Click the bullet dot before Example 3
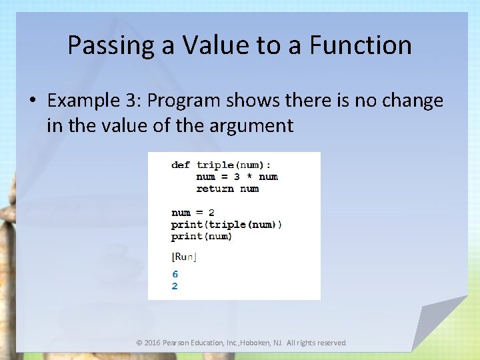pyautogui.click(x=33, y=101)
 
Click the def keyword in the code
pyautogui.click(x=180, y=165)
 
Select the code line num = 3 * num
pyautogui.click(x=237, y=177)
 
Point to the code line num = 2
pyautogui.click(x=193, y=213)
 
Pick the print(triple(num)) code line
pyautogui.click(x=227, y=225)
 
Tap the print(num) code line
pyautogui.click(x=201, y=237)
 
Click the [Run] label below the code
pyautogui.click(x=184, y=257)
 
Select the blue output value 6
pyautogui.click(x=175, y=274)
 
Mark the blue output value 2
pyautogui.click(x=175, y=286)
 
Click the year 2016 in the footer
pyautogui.click(x=153, y=343)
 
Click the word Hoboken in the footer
pyautogui.click(x=261, y=343)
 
